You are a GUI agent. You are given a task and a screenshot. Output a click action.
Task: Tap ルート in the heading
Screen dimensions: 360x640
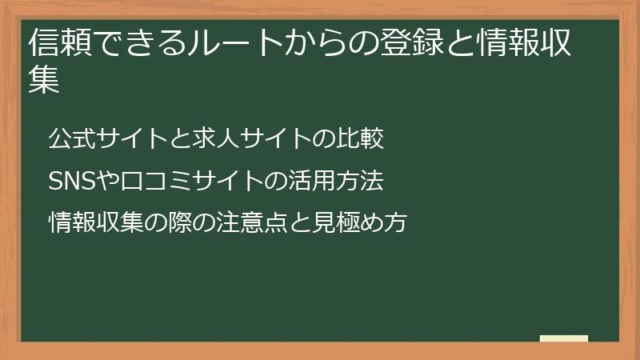pos(239,43)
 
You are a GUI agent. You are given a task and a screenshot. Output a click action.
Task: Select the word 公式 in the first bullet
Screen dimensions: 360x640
pos(70,139)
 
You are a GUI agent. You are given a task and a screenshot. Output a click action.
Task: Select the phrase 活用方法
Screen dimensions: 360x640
pos(344,182)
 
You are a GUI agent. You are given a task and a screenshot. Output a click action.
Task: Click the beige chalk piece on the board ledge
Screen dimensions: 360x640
pos(564,339)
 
